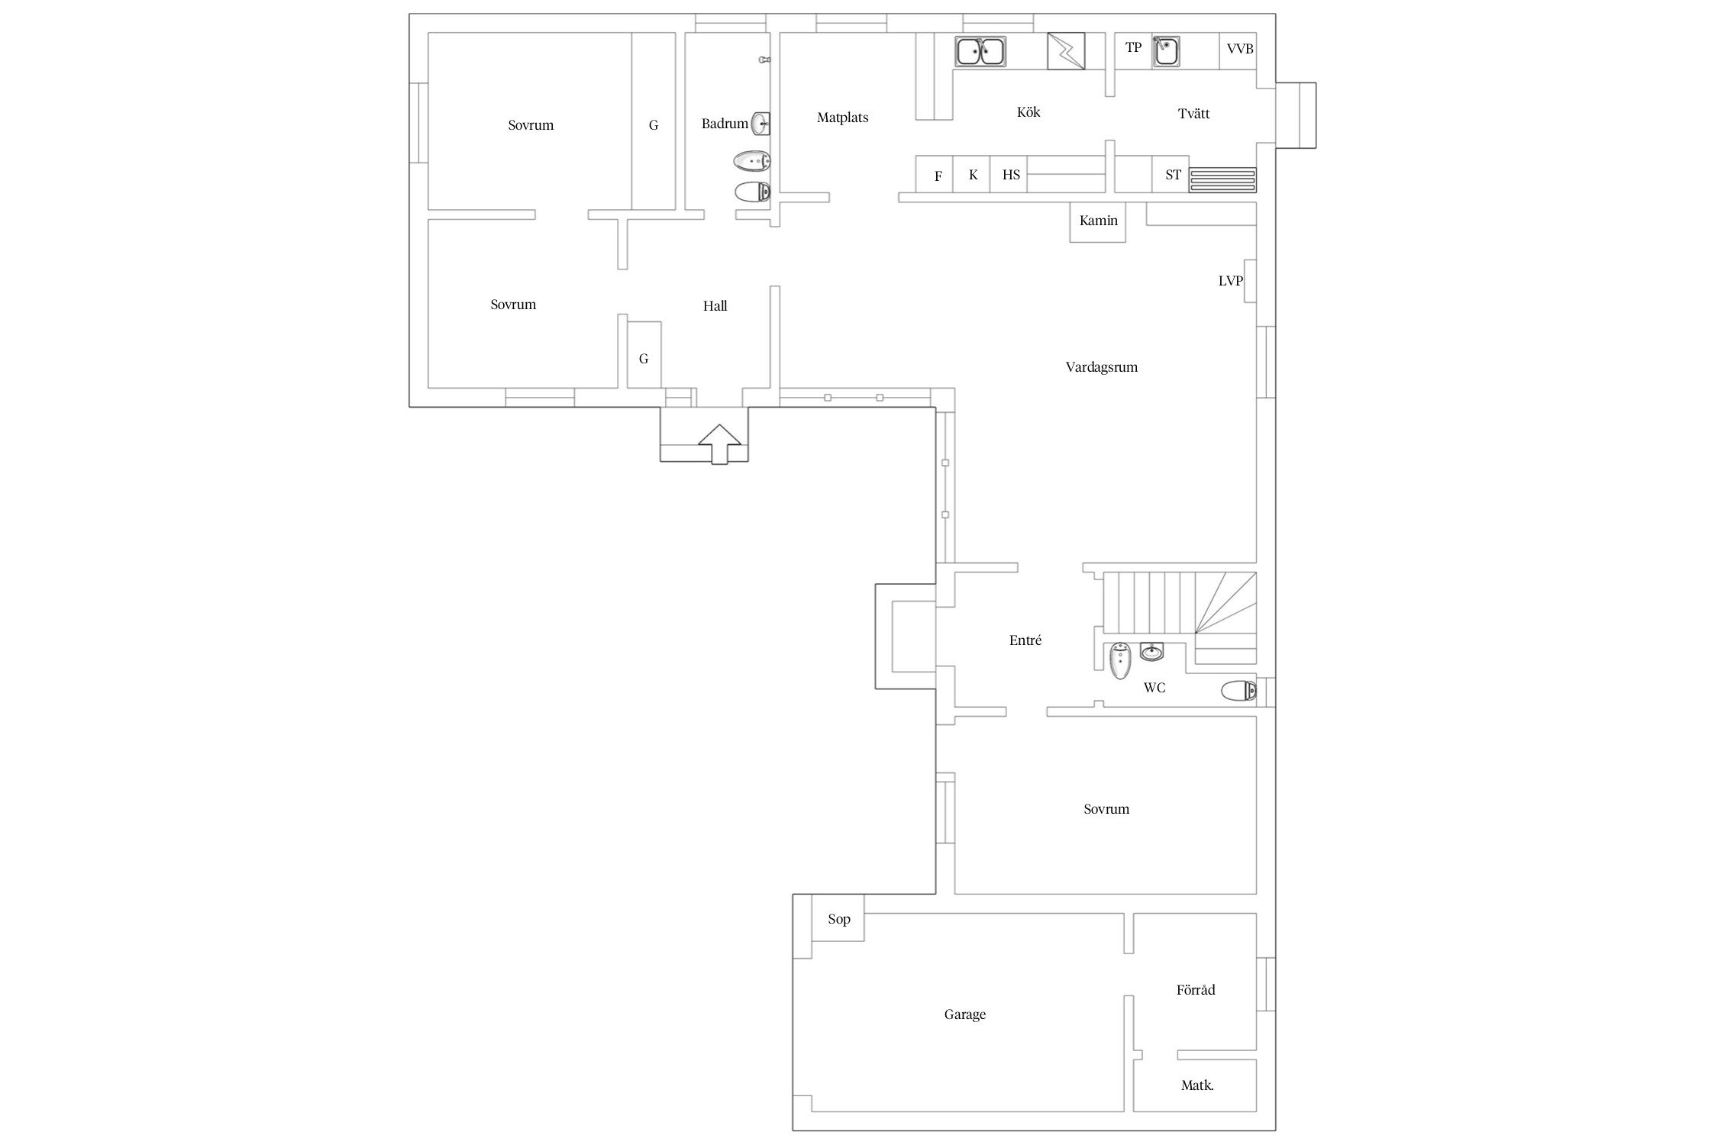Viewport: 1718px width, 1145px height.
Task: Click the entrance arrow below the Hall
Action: pyautogui.click(x=720, y=444)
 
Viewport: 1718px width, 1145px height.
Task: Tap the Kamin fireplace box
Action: pyautogui.click(x=1098, y=222)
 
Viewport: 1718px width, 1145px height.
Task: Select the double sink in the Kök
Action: pyautogui.click(x=980, y=51)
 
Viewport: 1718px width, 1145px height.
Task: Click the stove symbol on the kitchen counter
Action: pyautogui.click(x=1065, y=50)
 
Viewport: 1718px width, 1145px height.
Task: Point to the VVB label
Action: pyautogui.click(x=1240, y=49)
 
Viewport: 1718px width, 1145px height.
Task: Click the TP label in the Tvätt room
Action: pyautogui.click(x=1133, y=47)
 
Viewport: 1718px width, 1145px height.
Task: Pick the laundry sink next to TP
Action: pyautogui.click(x=1165, y=51)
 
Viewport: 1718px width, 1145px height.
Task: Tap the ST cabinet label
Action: pyautogui.click(x=1173, y=175)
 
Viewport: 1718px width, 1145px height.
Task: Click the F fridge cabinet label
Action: pyautogui.click(x=938, y=176)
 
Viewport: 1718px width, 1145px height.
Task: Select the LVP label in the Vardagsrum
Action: pyautogui.click(x=1230, y=281)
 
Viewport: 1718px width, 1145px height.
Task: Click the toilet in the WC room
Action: pyautogui.click(x=1238, y=692)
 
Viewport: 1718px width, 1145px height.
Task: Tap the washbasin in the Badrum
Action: pyautogui.click(x=761, y=123)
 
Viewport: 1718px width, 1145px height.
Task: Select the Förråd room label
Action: pyautogui.click(x=1196, y=990)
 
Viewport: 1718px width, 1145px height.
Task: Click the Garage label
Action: pyautogui.click(x=965, y=1014)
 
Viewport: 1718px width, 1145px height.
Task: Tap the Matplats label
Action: pyautogui.click(x=843, y=118)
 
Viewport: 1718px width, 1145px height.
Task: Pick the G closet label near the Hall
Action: pyautogui.click(x=644, y=359)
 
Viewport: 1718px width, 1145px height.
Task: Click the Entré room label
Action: pyautogui.click(x=1025, y=640)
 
